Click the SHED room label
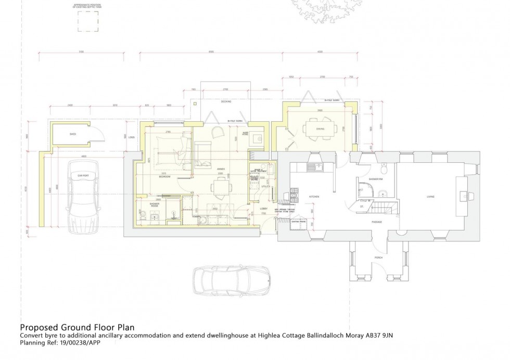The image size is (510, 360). [72, 134]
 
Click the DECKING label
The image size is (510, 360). [225, 101]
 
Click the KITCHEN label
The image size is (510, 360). [313, 197]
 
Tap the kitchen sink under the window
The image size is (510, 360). [313, 168]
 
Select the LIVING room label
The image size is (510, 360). [430, 197]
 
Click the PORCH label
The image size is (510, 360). [378, 258]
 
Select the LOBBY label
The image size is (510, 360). [263, 209]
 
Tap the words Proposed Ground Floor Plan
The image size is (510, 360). [77, 328]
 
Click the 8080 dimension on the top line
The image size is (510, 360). [211, 52]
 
